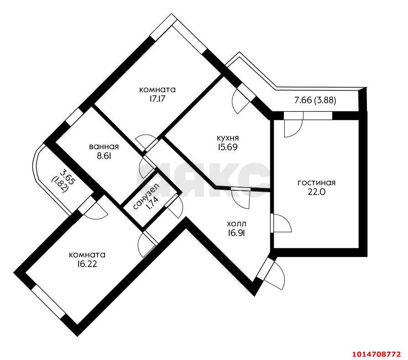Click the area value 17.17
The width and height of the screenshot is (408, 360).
(x=157, y=99)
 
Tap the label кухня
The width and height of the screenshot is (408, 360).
(x=228, y=138)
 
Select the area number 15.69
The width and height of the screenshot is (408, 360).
(x=228, y=147)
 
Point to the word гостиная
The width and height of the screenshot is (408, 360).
(x=316, y=183)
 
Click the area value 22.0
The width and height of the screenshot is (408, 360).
(x=316, y=192)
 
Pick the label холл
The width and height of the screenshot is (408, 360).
(x=236, y=224)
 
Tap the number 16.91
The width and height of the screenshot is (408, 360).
(x=236, y=233)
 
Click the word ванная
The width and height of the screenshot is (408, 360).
(x=104, y=147)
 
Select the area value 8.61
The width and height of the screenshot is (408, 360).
(x=104, y=156)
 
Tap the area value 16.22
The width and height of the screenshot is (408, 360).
(x=87, y=264)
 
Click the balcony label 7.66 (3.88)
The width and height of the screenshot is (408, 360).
(x=315, y=100)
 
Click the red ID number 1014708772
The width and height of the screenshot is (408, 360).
(x=376, y=354)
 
